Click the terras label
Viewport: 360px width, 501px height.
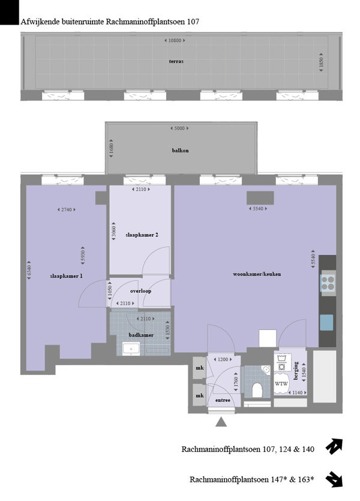[176, 61]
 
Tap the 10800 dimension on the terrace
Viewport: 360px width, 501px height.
[175, 41]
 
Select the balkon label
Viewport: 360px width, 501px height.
[180, 150]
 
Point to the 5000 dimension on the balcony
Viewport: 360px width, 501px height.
[179, 128]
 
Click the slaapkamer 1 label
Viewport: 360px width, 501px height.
[66, 276]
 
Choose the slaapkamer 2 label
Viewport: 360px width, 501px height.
[142, 235]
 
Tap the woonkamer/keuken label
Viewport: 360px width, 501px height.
[257, 274]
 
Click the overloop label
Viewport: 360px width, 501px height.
[140, 291]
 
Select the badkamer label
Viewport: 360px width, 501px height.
[141, 335]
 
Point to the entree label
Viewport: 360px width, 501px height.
[223, 400]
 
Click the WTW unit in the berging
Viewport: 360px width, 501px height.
[281, 384]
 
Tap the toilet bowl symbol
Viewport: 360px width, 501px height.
[257, 390]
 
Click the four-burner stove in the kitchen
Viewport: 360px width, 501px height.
[328, 283]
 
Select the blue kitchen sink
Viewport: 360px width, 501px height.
[326, 322]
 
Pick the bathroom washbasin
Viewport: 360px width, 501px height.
[131, 349]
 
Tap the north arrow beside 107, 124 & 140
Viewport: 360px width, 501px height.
[334, 446]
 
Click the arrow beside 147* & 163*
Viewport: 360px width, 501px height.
[334, 480]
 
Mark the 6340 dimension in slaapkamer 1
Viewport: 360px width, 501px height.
[29, 271]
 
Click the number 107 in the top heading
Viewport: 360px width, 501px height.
[193, 22]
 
